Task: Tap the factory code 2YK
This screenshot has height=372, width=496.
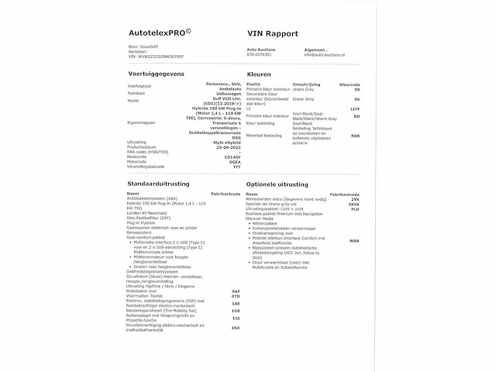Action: [356, 198]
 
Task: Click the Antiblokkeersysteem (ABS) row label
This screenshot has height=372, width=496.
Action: [157, 198]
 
